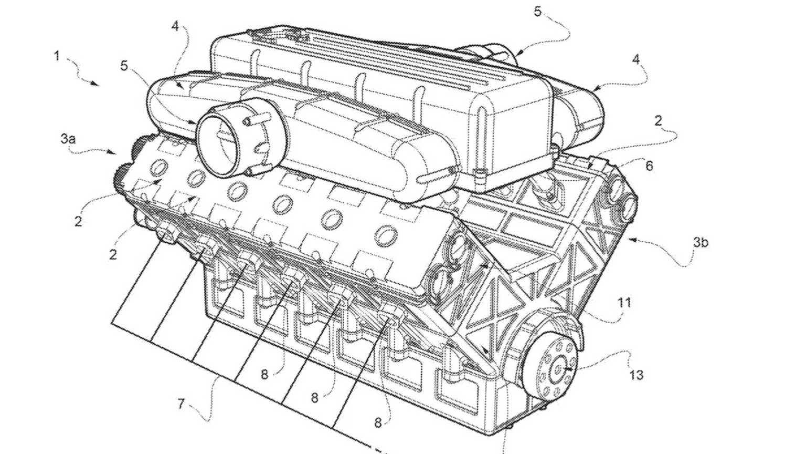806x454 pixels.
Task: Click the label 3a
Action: (x=68, y=139)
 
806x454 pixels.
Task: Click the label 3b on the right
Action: (x=701, y=242)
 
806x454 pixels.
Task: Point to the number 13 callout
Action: (x=635, y=375)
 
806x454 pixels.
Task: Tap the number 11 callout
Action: (x=624, y=302)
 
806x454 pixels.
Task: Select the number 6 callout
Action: (x=649, y=166)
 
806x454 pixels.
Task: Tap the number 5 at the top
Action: (x=537, y=12)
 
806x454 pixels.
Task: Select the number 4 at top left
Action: (x=175, y=26)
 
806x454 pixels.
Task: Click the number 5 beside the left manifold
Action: (x=124, y=66)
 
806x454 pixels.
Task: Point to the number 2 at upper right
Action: (x=658, y=121)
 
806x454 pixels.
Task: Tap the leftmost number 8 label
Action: (x=265, y=374)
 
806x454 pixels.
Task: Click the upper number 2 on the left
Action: (x=78, y=221)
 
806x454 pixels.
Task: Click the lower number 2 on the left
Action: (x=113, y=255)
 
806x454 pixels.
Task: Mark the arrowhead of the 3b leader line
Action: (x=633, y=240)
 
